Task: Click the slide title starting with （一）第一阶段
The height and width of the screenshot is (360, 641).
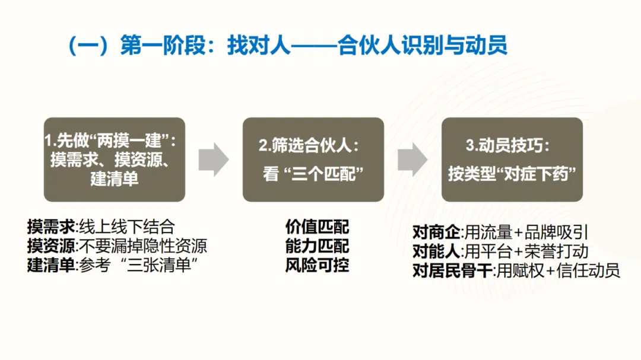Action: click(287, 46)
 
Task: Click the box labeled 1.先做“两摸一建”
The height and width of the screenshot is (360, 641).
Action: click(115, 159)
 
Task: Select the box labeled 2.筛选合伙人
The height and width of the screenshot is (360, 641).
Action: click(313, 159)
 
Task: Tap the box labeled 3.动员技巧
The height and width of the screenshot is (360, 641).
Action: click(512, 159)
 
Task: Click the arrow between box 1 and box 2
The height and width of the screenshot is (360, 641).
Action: click(213, 159)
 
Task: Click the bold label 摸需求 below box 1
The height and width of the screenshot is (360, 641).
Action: click(51, 227)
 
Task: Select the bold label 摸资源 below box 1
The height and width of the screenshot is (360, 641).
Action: click(51, 246)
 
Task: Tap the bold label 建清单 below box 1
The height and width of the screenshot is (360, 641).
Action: click(51, 265)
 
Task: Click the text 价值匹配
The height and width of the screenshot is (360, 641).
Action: click(317, 227)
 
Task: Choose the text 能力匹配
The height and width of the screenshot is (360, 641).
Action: click(317, 246)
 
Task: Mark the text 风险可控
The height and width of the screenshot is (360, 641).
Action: click(317, 265)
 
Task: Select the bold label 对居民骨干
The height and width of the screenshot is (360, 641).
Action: click(452, 271)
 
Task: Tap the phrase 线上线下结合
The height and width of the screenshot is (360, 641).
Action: click(127, 227)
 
